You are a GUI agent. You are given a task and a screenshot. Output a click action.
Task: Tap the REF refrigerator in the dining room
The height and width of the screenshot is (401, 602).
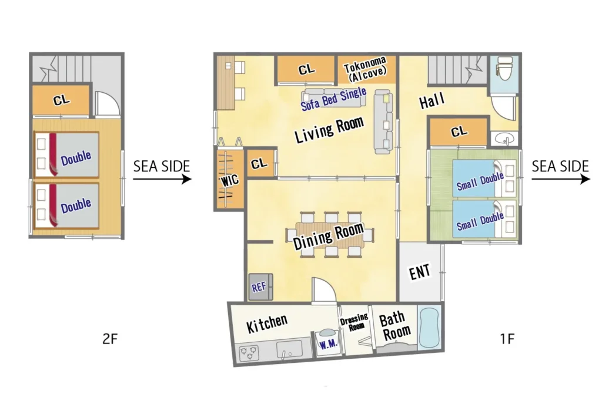[x=260, y=287]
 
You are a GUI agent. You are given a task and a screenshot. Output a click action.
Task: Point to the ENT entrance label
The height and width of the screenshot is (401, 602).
[x=420, y=272]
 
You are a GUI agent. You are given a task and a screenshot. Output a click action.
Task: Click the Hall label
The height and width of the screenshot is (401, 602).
[x=432, y=101]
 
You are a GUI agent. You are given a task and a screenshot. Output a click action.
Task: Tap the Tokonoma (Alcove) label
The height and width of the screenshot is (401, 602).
[x=366, y=69]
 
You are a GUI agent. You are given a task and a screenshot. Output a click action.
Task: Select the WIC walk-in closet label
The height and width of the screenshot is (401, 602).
[x=230, y=180]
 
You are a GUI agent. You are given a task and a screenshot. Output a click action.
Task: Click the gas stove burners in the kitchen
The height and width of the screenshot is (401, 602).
[x=249, y=353]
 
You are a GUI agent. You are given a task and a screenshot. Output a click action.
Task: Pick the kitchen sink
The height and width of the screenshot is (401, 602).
[x=289, y=349]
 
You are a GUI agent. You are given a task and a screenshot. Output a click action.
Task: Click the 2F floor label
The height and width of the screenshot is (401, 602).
[x=110, y=339]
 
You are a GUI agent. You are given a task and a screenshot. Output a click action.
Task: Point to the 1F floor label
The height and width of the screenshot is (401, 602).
[x=507, y=339]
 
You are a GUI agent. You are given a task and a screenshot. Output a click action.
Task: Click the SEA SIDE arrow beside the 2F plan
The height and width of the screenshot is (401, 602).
[x=162, y=179]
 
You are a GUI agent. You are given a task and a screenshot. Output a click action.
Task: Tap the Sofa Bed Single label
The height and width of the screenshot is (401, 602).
[x=333, y=99]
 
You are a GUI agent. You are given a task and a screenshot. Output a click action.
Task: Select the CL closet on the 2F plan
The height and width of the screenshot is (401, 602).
[x=61, y=100]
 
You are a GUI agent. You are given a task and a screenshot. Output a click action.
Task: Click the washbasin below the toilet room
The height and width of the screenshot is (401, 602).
[x=504, y=138]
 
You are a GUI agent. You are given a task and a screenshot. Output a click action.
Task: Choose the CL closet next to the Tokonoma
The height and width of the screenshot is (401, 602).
[x=306, y=70]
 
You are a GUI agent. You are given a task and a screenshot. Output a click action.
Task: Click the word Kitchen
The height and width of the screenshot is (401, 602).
[x=266, y=324]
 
